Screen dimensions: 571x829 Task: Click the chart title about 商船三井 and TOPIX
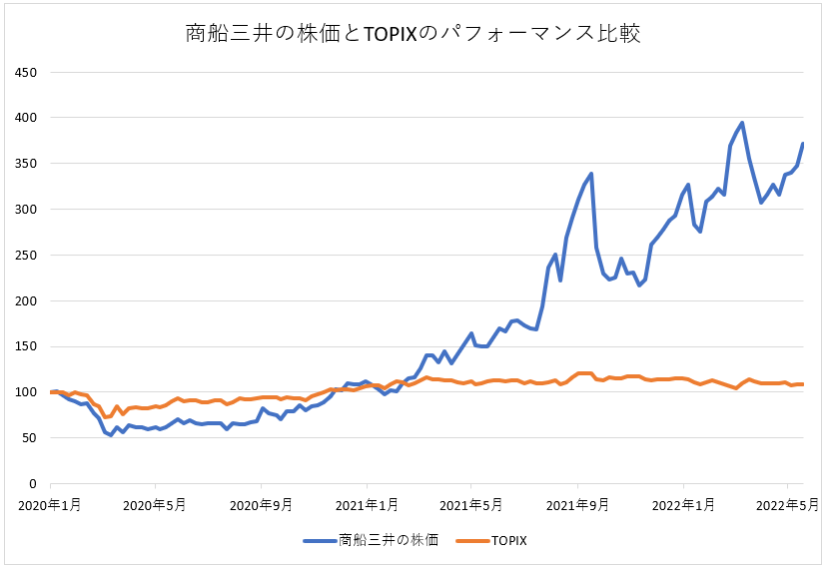(x=413, y=33)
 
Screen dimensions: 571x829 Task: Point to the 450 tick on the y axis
(x=26, y=72)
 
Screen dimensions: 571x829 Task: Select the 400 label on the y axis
(x=26, y=118)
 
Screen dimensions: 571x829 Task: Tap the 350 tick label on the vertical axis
(x=26, y=164)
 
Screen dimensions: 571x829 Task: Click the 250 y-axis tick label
(x=26, y=256)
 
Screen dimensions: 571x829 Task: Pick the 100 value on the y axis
(x=26, y=392)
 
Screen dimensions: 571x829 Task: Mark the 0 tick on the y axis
(x=33, y=484)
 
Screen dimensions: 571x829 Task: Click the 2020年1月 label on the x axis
(x=49, y=505)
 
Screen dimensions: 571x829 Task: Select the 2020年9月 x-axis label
(x=261, y=505)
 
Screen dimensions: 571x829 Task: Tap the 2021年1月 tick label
(x=367, y=505)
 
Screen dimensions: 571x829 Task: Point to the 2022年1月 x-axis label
(x=683, y=505)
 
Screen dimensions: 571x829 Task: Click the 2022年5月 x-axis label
(x=787, y=505)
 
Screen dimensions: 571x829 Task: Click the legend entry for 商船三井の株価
(x=371, y=540)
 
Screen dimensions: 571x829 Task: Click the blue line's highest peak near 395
(x=742, y=123)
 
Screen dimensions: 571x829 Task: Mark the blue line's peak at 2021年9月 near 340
(x=591, y=174)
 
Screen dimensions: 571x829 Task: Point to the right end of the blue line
(x=804, y=144)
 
